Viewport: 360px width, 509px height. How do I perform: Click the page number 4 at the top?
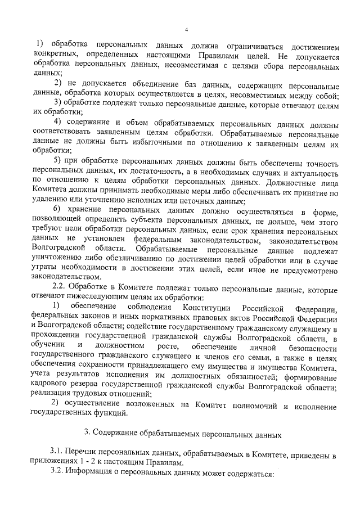coord(186,30)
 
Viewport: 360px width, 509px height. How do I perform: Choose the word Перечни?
coord(85,453)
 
